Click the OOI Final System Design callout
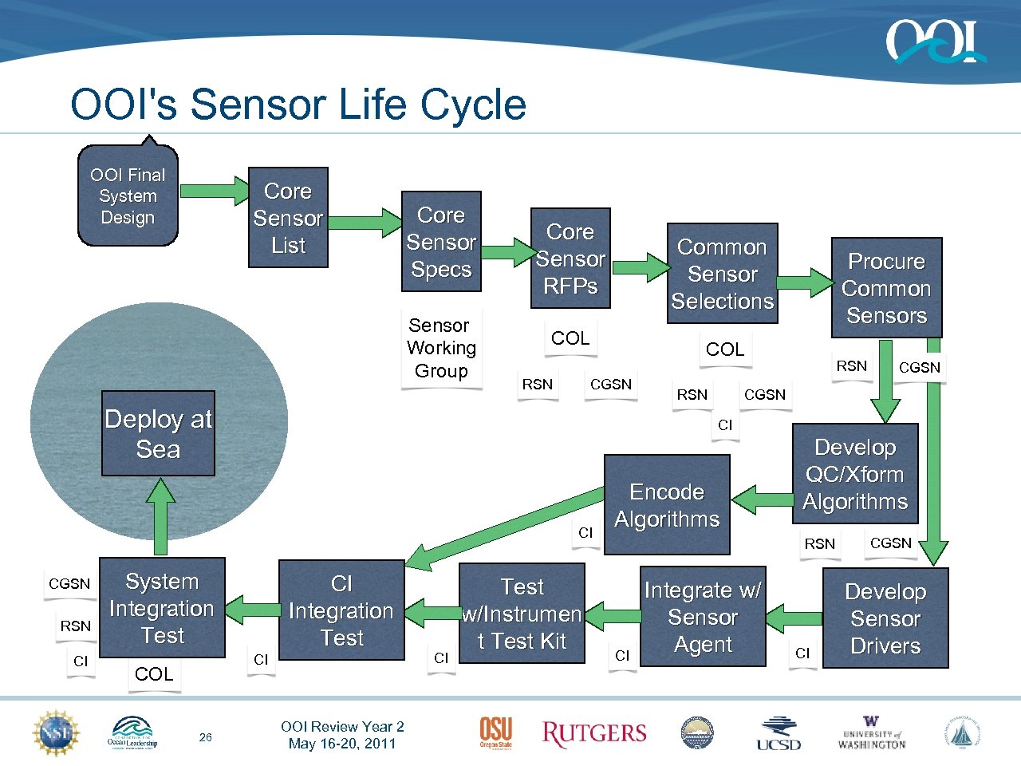[x=128, y=196]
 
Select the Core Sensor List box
[x=288, y=218]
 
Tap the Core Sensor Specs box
[x=441, y=242]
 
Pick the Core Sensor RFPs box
[x=570, y=259]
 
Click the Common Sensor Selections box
[x=722, y=274]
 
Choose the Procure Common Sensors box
[x=886, y=288]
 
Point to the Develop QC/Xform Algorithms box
[x=855, y=474]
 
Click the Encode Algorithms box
[x=667, y=505]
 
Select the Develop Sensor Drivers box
[x=885, y=618]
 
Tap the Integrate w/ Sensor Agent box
[x=703, y=617]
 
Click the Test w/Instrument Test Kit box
[x=522, y=614]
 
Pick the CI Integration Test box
[x=341, y=610]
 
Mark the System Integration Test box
[x=162, y=608]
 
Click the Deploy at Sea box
[x=158, y=434]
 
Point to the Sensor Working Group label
[x=441, y=349]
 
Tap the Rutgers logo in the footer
[x=594, y=733]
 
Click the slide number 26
[x=206, y=737]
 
